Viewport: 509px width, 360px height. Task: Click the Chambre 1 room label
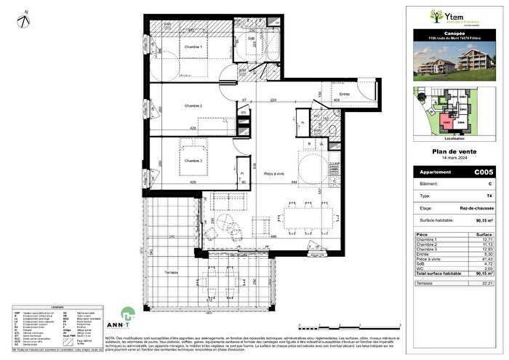click(192, 47)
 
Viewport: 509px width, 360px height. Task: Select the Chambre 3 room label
click(192, 161)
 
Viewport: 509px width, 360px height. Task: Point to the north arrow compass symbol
click(25, 19)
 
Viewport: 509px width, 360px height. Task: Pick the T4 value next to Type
click(481, 196)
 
